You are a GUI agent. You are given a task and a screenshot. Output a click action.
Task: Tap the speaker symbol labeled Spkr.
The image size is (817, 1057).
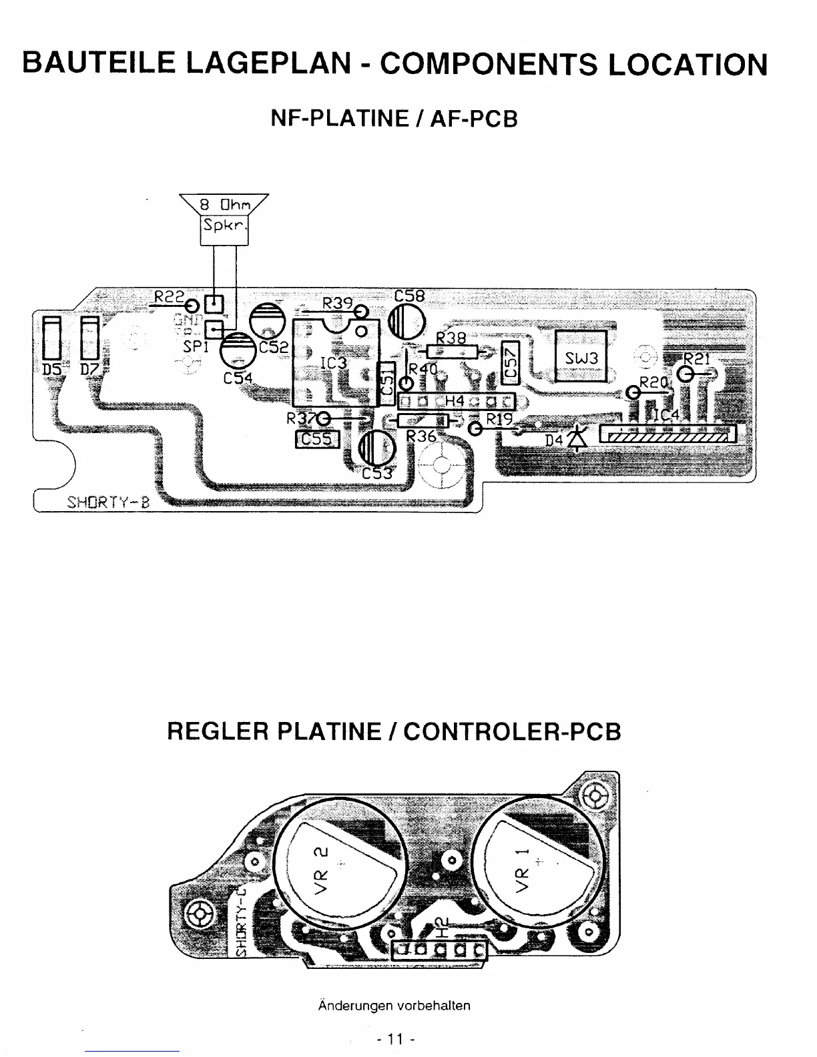(224, 224)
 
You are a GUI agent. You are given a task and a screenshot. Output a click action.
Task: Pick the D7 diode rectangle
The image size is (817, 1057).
(89, 339)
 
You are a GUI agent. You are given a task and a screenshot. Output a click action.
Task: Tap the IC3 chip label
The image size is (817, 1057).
(333, 363)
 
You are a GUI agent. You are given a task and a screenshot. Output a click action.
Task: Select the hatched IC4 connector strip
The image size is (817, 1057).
(668, 435)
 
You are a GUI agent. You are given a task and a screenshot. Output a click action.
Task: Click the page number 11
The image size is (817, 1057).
(396, 1039)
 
